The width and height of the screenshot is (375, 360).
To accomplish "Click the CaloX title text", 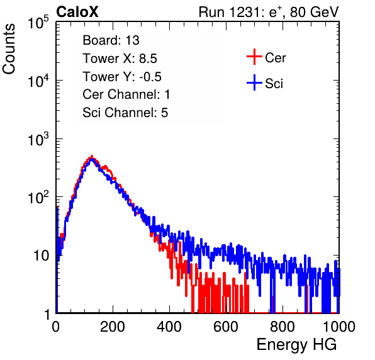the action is [77, 12].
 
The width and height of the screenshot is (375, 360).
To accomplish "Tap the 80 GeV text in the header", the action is [315, 12].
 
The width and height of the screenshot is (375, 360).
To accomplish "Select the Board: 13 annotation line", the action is [111, 40].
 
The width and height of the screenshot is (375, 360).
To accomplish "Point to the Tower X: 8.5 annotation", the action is [120, 59].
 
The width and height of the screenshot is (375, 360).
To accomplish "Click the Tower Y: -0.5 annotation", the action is [122, 77].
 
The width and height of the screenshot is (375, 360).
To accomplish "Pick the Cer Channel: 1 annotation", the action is [126, 94].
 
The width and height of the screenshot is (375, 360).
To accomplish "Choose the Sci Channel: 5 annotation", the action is [125, 113].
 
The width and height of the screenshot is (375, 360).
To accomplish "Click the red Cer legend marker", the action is [254, 57].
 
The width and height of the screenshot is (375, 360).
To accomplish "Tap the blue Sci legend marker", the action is [254, 82].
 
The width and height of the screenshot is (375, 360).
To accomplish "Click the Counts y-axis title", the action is [9, 49].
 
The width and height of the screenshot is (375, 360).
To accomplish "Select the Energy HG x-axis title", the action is [296, 345].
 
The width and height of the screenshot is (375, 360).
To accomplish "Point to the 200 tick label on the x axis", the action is [113, 327].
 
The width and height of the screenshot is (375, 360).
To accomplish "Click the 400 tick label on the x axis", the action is [169, 327].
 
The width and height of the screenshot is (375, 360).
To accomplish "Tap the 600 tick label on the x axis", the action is [226, 327].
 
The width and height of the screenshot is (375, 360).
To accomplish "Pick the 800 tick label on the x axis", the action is [283, 327].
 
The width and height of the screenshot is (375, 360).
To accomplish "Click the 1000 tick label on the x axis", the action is [339, 327].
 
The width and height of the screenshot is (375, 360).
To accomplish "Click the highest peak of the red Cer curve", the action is [92, 156].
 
